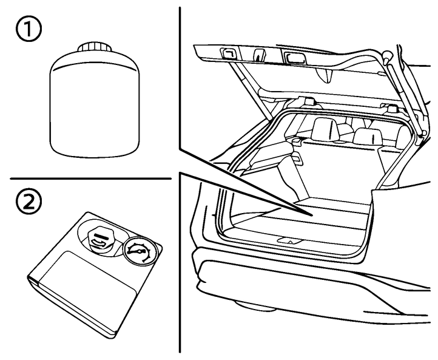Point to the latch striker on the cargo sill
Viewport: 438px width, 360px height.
[291, 240]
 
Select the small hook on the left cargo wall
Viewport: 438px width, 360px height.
[297, 157]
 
